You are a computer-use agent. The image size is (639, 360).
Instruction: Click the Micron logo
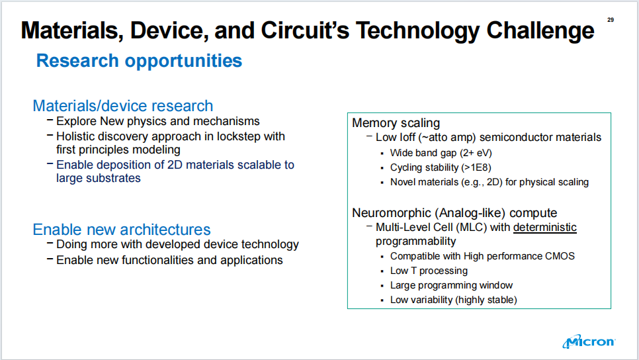point(589,341)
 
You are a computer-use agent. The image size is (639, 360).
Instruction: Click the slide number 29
point(611,20)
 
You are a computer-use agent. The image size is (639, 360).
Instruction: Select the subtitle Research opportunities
point(139,61)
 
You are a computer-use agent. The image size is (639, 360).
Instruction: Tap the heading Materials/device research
point(122,106)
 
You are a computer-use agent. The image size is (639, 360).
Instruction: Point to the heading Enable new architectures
point(122,230)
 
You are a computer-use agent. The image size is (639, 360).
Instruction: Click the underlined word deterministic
point(545,227)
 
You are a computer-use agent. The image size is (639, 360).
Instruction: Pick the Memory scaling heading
point(396,122)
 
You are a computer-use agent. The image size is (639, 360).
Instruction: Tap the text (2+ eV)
point(476,153)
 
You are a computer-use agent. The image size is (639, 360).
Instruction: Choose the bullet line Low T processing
point(429,271)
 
